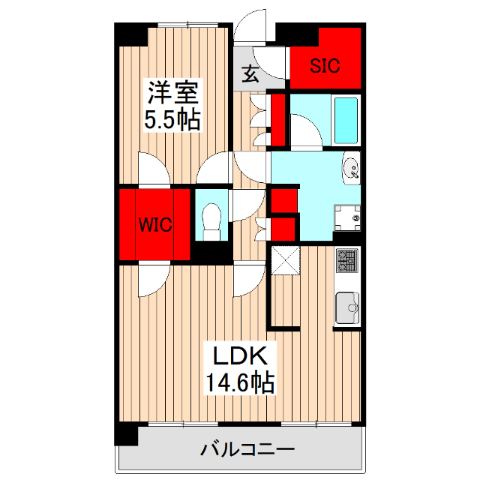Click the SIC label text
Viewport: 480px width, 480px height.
point(325,65)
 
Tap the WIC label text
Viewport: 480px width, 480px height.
point(155,224)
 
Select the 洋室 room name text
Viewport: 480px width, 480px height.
point(172,94)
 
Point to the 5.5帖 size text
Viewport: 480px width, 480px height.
point(172,120)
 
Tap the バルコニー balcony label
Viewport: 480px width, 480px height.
point(247,450)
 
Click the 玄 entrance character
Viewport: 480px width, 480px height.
point(250,73)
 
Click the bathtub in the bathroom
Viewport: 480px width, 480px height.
point(346,120)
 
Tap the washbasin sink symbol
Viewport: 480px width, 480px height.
point(351,169)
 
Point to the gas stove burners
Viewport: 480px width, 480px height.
point(347,260)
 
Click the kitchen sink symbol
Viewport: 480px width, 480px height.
point(347,306)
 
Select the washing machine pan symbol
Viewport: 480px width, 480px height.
point(347,217)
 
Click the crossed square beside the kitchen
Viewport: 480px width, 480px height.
point(285,260)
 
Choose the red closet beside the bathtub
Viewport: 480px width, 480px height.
point(277,117)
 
